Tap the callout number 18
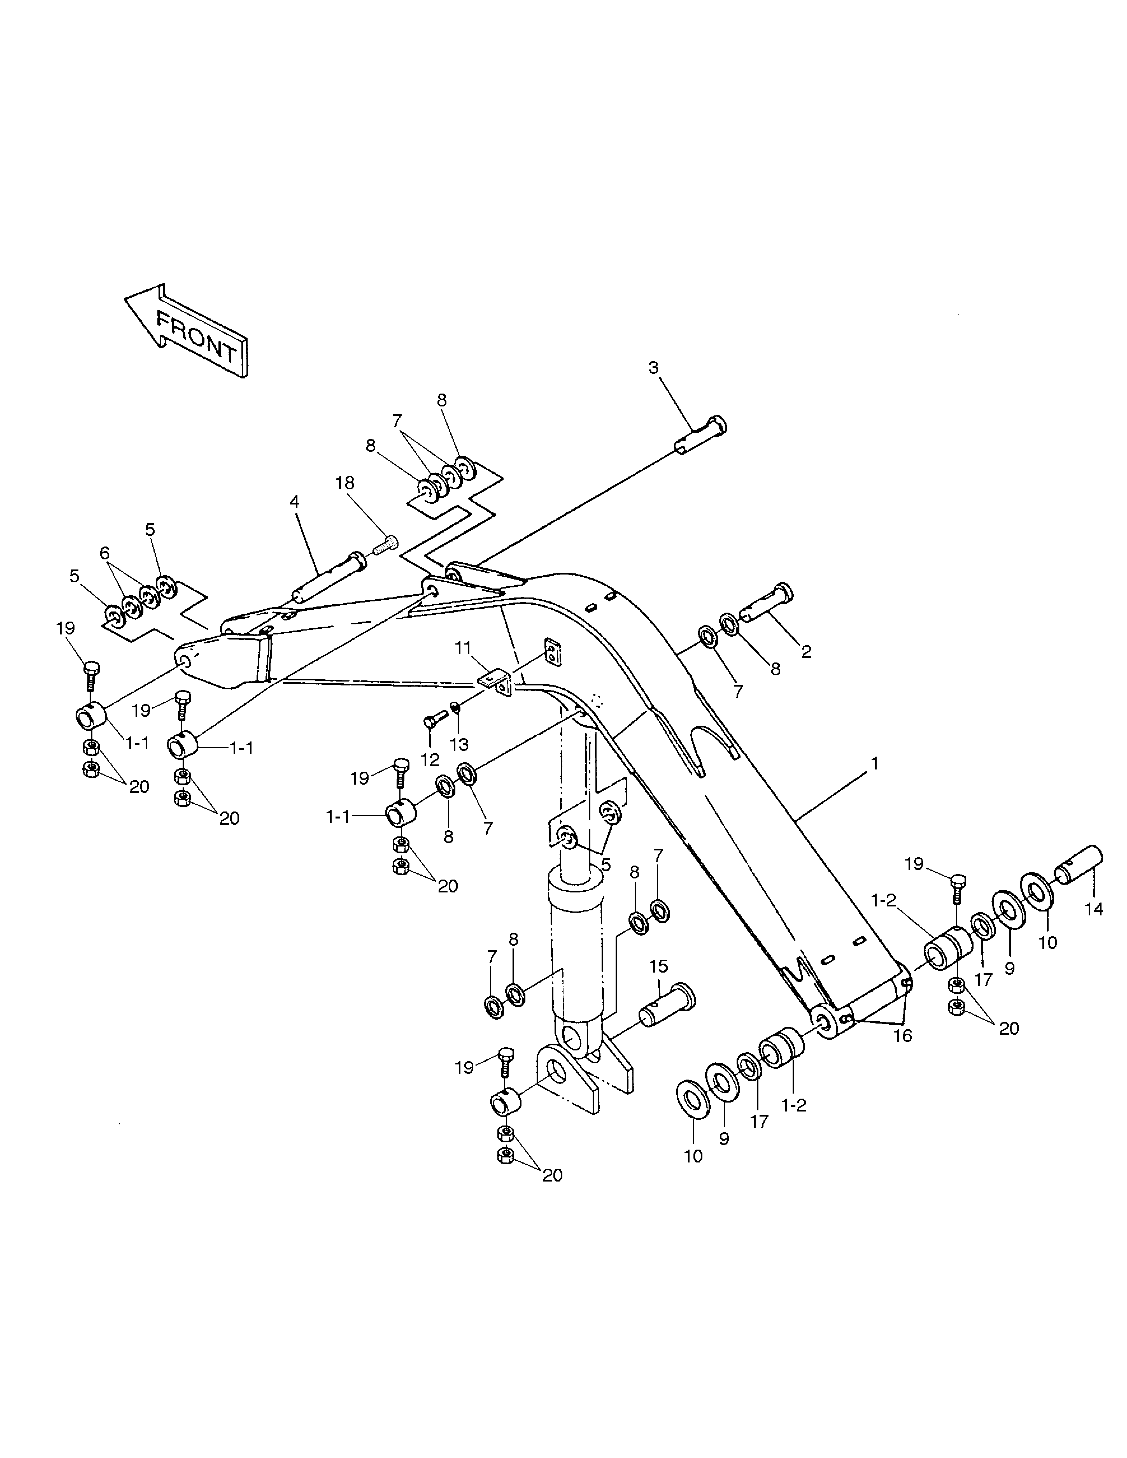coord(344,483)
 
